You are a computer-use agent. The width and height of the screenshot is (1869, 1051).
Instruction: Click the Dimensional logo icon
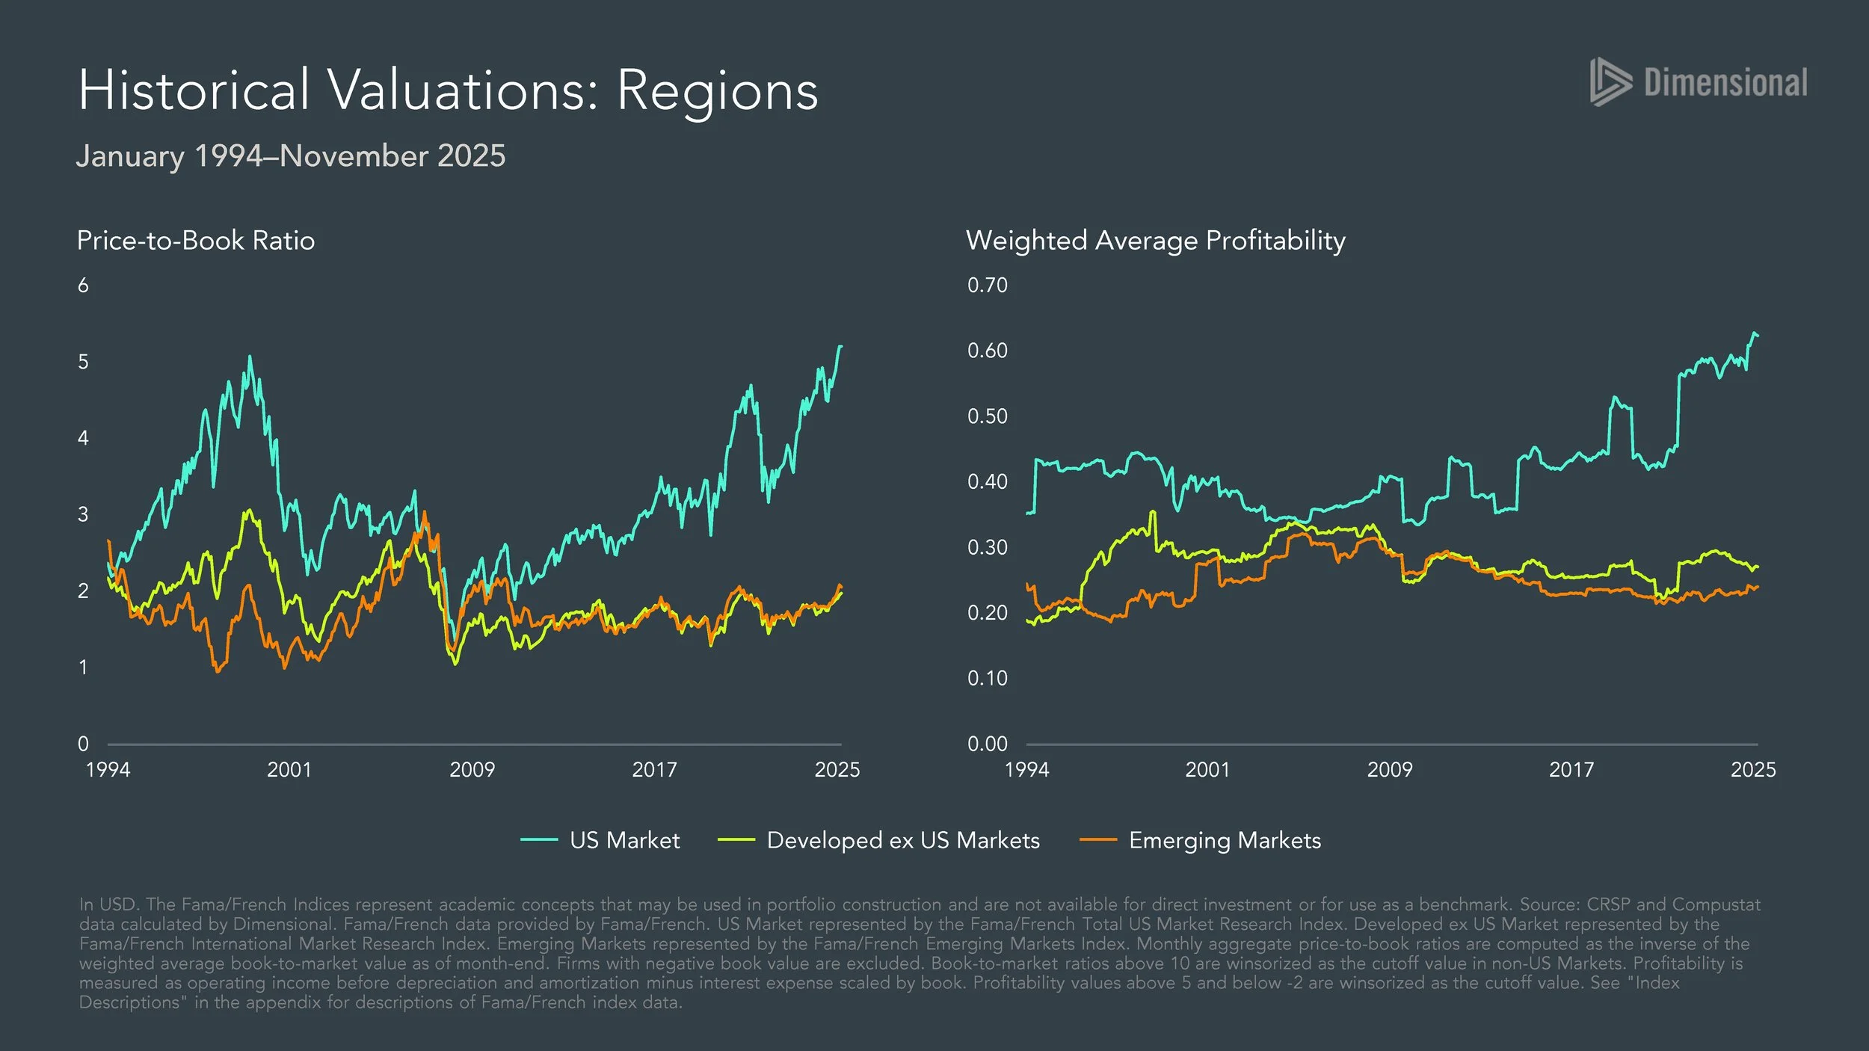tap(1610, 81)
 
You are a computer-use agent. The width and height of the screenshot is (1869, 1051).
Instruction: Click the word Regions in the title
tap(717, 91)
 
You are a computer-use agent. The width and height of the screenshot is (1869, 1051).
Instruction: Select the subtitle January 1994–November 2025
tap(291, 156)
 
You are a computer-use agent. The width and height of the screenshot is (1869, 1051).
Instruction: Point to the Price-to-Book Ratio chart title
tap(196, 241)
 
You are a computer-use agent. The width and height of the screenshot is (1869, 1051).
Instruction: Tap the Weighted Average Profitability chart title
tap(1155, 241)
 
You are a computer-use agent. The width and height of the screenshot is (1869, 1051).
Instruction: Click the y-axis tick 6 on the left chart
tap(83, 285)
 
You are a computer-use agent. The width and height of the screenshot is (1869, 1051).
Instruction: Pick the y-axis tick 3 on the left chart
tap(83, 514)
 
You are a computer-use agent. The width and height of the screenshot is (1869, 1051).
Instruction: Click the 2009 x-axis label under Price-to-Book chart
tap(472, 769)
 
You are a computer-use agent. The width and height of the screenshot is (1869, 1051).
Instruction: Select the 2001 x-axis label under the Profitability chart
tap(1207, 769)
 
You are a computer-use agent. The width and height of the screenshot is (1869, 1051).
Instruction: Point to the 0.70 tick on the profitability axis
tap(987, 285)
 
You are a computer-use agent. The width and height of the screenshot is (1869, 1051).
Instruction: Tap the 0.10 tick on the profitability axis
tap(987, 678)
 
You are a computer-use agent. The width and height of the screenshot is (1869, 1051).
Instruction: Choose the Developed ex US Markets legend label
tap(903, 840)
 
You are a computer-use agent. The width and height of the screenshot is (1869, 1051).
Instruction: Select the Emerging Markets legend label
tap(1225, 840)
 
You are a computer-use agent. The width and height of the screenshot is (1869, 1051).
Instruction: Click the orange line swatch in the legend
tap(1098, 840)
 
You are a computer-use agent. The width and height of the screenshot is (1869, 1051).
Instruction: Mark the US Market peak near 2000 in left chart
tap(250, 357)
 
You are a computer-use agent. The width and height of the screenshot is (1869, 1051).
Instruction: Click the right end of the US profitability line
tap(1757, 335)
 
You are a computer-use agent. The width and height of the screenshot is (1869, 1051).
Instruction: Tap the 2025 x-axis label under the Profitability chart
tap(1752, 769)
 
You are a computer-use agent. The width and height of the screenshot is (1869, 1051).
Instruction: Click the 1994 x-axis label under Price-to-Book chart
tap(108, 769)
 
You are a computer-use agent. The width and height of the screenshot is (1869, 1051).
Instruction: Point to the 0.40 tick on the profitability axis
tap(987, 481)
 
